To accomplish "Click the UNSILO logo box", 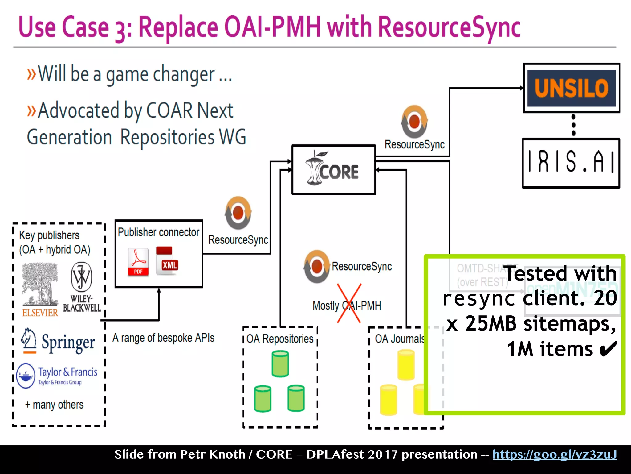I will tap(571, 88).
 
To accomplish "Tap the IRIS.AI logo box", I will tap(571, 163).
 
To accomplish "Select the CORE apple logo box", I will tap(333, 170).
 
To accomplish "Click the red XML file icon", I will tap(167, 261).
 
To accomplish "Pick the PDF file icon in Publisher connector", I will tap(138, 262).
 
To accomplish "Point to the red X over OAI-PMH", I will tap(349, 303).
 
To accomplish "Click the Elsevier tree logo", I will tap(40, 284).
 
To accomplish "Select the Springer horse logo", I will tap(29, 340).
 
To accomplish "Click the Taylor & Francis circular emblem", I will tap(26, 376).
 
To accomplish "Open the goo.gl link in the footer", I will tap(554, 455).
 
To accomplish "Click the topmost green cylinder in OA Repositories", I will tap(280, 364).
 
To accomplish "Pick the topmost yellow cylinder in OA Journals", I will tap(406, 364).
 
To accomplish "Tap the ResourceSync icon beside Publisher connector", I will tap(238, 213).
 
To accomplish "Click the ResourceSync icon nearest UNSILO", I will tap(414, 122).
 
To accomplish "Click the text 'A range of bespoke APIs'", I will tap(163, 338).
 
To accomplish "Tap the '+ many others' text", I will tap(54, 405).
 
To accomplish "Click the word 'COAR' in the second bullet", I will tap(169, 110).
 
